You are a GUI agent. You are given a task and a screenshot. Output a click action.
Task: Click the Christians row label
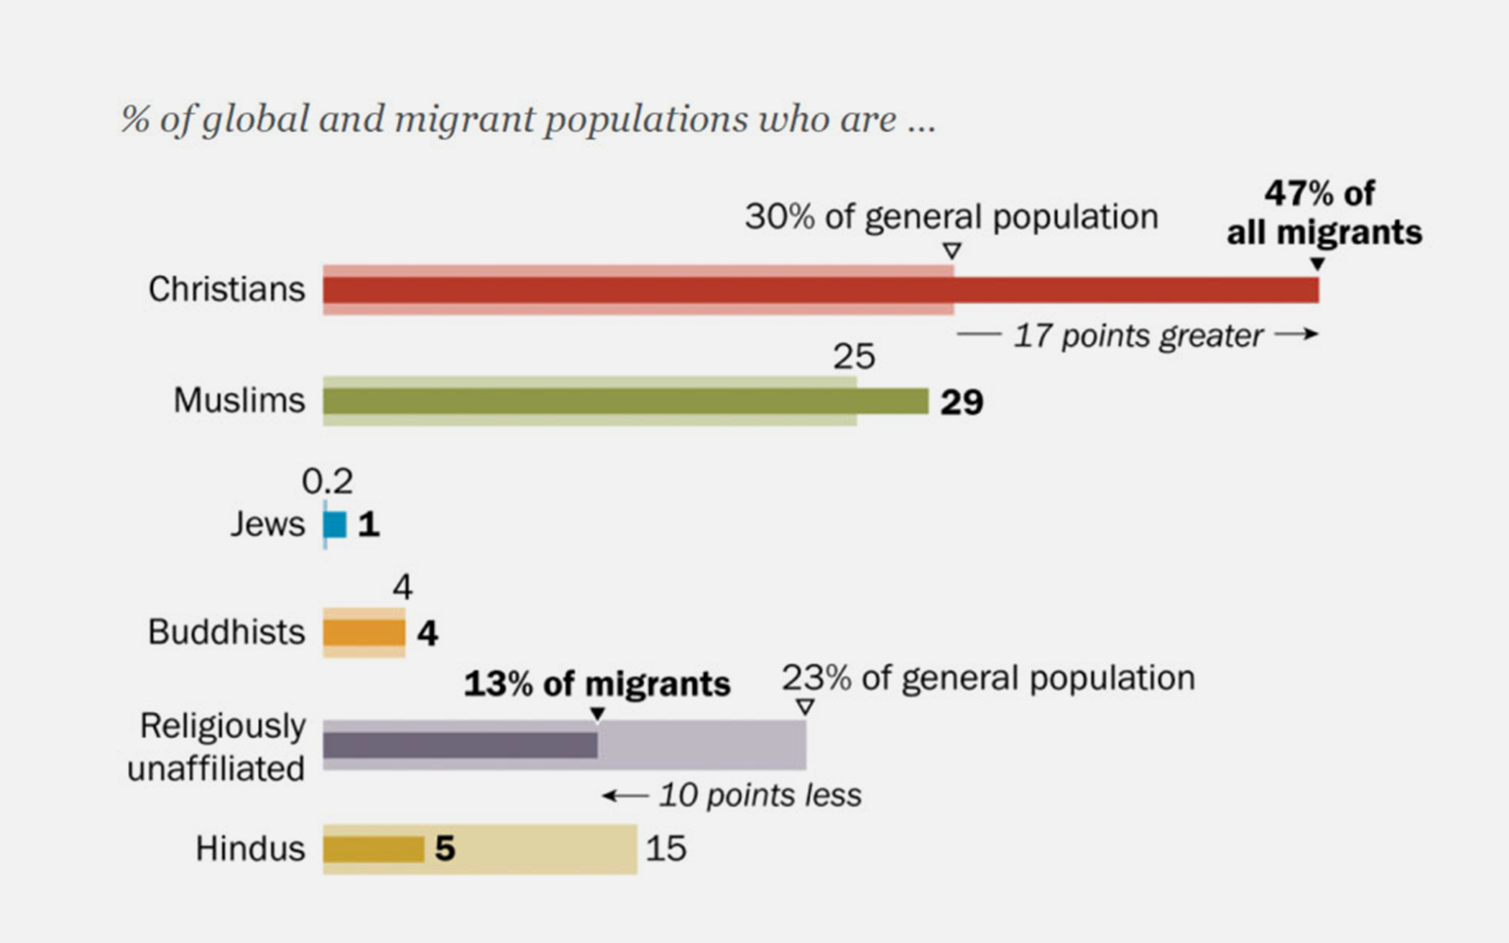coord(226,289)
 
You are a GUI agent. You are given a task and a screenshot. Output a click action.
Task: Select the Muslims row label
coord(239,400)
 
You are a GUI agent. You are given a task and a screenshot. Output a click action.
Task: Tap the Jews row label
coord(267,524)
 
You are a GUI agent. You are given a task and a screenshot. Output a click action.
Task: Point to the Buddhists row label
coord(226,633)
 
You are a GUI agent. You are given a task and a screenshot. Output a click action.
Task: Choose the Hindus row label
coord(250,849)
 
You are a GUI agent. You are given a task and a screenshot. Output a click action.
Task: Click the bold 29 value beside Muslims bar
coord(961,402)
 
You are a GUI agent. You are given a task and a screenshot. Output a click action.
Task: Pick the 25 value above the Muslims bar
coord(854,356)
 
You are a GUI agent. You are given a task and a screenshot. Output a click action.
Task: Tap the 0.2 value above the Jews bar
coord(327,481)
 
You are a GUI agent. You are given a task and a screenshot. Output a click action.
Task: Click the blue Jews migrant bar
coord(336,525)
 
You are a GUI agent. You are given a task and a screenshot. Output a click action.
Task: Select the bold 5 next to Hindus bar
coord(445,849)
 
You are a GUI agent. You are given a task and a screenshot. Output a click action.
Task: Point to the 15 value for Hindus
coord(665,849)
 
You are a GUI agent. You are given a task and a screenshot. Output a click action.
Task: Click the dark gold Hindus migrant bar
coord(373,850)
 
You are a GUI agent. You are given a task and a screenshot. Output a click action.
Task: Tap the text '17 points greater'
coord(1137,336)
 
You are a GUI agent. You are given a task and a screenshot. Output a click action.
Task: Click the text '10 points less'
coord(760,796)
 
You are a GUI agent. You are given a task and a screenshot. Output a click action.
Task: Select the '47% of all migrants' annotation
coord(1324,213)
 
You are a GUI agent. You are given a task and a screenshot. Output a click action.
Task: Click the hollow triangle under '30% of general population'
coord(952,251)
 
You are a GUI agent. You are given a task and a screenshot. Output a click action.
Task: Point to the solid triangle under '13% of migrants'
coord(597,714)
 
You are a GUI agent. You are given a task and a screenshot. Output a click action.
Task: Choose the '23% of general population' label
coord(988,678)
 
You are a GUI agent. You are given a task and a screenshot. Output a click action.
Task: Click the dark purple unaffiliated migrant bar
coord(460,745)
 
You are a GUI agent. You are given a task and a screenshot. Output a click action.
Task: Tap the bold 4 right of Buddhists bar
coord(428,633)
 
